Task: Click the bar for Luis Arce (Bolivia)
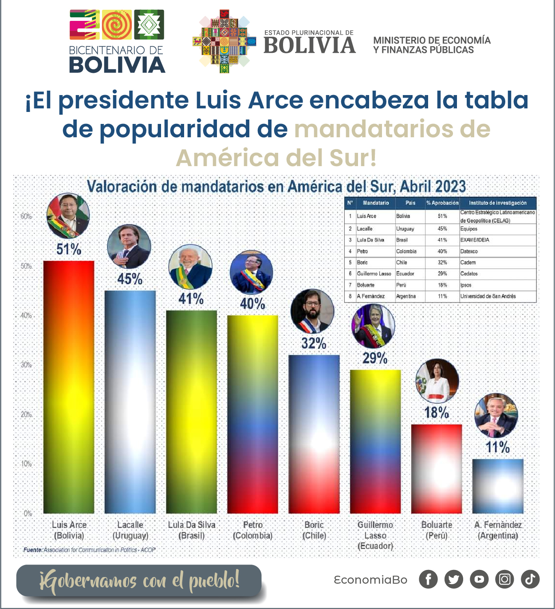(x=69, y=386)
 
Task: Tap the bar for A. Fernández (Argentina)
(x=498, y=486)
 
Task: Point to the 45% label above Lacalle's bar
(x=130, y=279)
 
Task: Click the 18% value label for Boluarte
(x=437, y=413)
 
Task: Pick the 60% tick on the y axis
(x=27, y=216)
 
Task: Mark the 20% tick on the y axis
(x=27, y=414)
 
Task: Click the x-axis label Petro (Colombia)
(x=253, y=530)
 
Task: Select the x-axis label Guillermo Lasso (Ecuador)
(x=375, y=535)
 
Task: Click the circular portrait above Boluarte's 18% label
(x=437, y=381)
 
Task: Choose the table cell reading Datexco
(x=469, y=251)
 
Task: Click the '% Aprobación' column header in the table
(x=442, y=203)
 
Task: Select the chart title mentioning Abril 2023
(x=276, y=186)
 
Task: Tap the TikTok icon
(x=530, y=579)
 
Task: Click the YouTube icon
(x=479, y=579)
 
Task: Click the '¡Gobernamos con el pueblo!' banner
(x=139, y=581)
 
